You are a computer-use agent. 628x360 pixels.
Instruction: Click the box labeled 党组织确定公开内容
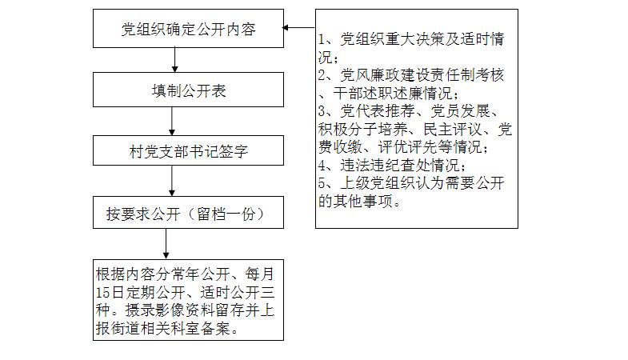pos(188,29)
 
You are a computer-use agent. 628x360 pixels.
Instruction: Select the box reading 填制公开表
pos(188,90)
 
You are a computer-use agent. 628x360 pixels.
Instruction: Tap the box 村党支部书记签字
pos(188,150)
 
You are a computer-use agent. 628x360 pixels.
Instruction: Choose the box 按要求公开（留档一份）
pos(188,212)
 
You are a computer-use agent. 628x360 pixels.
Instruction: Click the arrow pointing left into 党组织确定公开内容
pos(298,28)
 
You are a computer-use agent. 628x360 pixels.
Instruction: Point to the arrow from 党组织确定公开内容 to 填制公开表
pos(174,60)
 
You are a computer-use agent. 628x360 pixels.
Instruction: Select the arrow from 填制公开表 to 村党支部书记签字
pos(172,121)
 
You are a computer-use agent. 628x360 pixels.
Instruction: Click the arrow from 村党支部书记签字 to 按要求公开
pos(172,181)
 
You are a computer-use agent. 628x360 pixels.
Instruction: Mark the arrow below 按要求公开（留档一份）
pos(166,244)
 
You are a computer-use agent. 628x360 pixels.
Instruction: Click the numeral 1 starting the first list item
pos(322,39)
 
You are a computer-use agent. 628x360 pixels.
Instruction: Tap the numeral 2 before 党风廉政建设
pos(322,75)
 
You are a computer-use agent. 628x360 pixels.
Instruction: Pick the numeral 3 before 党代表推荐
pos(322,111)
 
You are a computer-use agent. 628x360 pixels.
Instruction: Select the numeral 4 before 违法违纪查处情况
pos(322,165)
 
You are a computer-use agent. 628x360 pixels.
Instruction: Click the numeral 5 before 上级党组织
pos(322,183)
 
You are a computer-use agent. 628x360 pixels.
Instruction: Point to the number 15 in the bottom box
pos(103,292)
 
